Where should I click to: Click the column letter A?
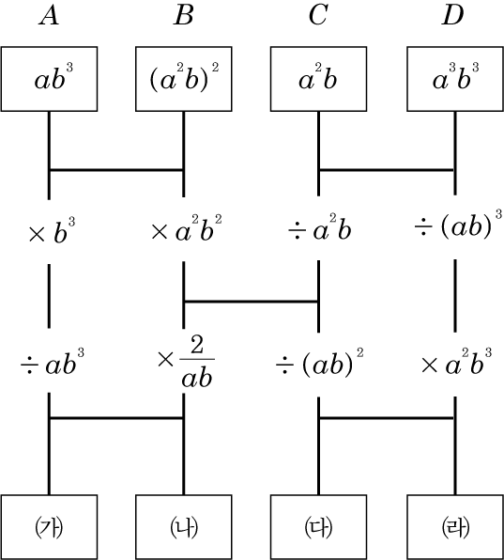point(49,16)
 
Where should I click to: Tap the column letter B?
point(183,16)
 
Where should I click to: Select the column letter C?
point(318,16)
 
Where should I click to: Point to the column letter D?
point(452,16)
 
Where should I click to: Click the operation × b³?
point(52,231)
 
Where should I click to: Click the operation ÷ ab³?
point(53,362)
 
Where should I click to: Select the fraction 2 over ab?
point(197,362)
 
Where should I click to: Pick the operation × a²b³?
point(456,362)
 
